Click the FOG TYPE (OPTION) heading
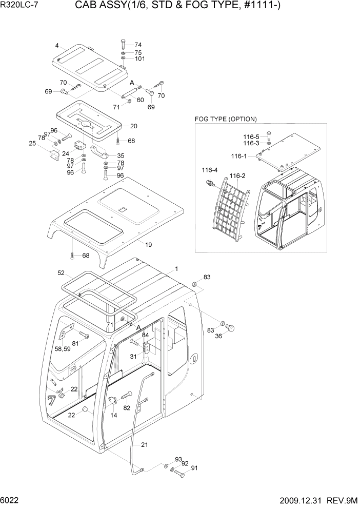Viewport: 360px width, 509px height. click(x=226, y=119)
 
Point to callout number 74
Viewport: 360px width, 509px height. click(x=138, y=45)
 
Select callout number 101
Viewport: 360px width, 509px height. click(x=139, y=59)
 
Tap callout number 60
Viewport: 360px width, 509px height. click(x=140, y=100)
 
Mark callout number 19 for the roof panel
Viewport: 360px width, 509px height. click(x=148, y=245)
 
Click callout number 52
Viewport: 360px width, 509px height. click(x=61, y=273)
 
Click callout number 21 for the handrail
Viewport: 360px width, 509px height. click(x=145, y=445)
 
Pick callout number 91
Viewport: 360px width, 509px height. click(x=194, y=468)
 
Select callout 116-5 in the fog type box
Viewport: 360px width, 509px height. click(x=252, y=136)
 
